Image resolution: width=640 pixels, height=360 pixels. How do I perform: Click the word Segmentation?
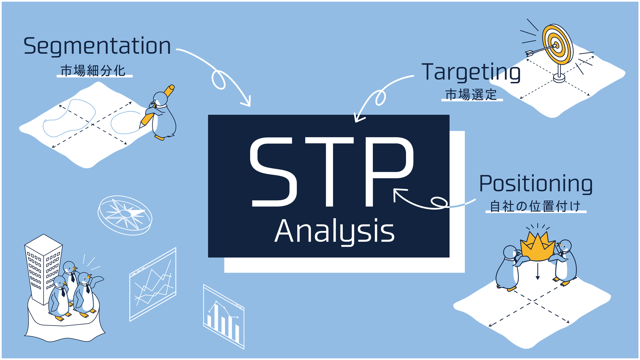[97, 46]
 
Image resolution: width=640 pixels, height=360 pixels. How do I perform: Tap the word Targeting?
[471, 73]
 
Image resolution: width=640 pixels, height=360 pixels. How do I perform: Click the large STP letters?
[332, 172]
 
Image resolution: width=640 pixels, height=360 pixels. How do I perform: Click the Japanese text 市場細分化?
[93, 71]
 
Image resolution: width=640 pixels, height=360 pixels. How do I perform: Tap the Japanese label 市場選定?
[471, 95]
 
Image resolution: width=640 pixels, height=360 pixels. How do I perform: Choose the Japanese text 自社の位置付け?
[535, 206]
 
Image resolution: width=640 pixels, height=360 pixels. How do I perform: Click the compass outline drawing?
[125, 215]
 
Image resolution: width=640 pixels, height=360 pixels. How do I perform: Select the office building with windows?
[43, 269]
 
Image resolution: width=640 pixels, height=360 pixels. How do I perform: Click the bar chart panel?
[224, 316]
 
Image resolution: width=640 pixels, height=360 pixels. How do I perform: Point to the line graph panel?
[153, 284]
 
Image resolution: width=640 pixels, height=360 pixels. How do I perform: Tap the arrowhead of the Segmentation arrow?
[247, 101]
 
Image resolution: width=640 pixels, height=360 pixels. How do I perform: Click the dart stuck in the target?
[541, 50]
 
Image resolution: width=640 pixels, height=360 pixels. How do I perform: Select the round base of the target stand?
[559, 77]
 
